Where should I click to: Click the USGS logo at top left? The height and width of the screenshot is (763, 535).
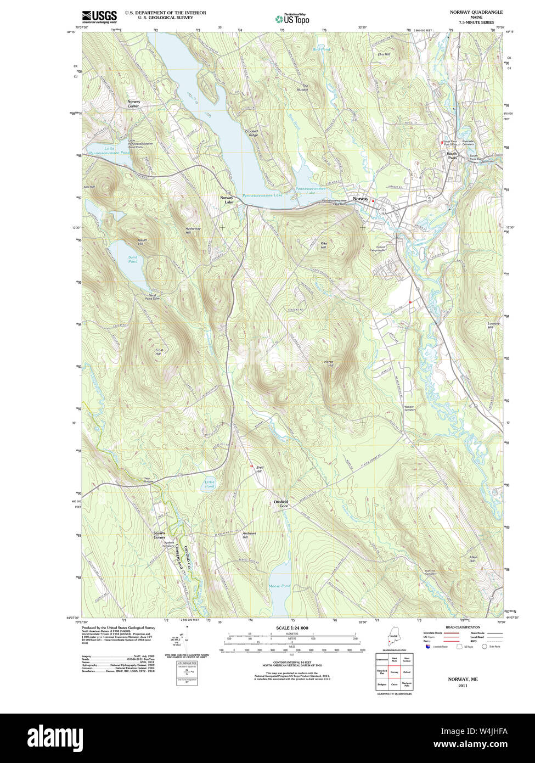(x=99, y=16)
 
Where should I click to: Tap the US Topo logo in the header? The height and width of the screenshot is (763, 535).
(x=292, y=18)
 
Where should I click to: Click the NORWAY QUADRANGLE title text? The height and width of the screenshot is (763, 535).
(x=476, y=12)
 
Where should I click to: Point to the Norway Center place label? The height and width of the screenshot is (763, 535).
(x=133, y=104)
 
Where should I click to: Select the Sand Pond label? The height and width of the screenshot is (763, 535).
(x=133, y=259)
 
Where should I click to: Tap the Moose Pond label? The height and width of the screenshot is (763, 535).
(x=279, y=586)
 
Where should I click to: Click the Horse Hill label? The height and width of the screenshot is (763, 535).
(x=329, y=363)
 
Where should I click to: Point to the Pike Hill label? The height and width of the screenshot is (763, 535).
(x=324, y=245)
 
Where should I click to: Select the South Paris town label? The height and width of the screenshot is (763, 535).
(x=452, y=156)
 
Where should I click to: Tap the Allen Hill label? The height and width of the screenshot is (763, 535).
(x=472, y=559)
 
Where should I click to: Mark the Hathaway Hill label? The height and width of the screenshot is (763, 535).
(x=193, y=231)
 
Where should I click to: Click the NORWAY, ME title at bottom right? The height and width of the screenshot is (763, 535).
(x=463, y=679)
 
